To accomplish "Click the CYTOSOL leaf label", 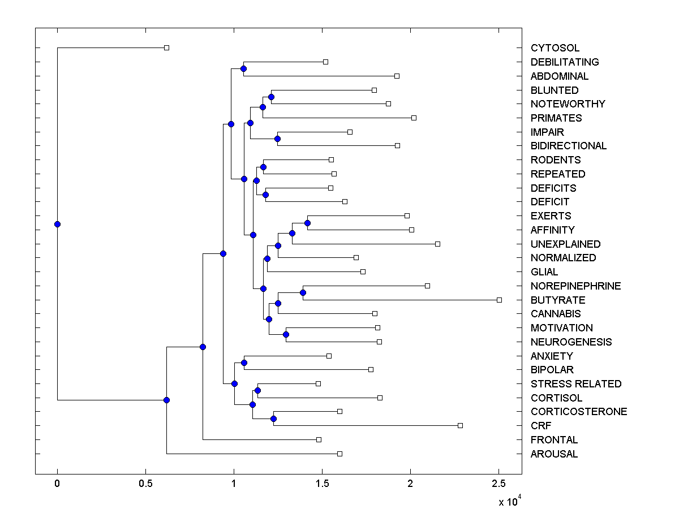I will [555, 48].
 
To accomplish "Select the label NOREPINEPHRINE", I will [575, 286].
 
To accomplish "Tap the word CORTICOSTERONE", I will [578, 412].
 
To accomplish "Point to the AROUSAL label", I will [554, 454].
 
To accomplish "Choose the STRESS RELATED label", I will [575, 384].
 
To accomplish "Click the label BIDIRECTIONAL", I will [568, 146].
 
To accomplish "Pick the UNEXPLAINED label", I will [565, 244].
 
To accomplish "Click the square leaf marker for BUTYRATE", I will [499, 300].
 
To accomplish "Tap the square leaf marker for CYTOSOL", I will [166, 48].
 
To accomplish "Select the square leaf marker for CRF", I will [460, 425].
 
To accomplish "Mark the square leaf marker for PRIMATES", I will [414, 118].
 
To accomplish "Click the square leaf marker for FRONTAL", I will [319, 439].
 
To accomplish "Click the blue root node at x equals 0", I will [57, 224].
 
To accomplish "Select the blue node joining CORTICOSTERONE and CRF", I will [273, 419].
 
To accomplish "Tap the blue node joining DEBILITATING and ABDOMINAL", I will [243, 68].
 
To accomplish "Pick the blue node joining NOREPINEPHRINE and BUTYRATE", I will [303, 292].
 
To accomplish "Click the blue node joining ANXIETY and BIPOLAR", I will [244, 363].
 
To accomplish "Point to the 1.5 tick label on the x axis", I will [322, 483].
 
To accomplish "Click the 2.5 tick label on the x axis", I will [498, 483].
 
